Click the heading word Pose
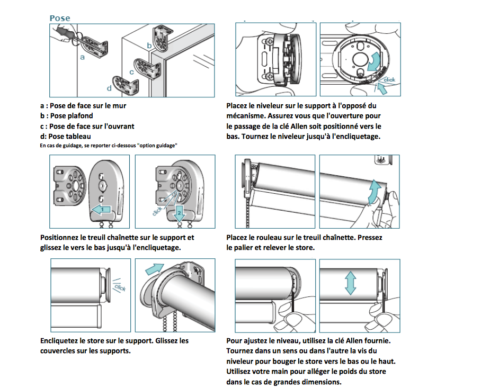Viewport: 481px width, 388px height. pyautogui.click(x=59, y=18)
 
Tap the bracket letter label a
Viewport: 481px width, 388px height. pyautogui.click(x=82, y=57)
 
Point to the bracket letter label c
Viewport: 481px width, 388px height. pyautogui.click(x=131, y=72)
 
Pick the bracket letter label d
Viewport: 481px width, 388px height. pyautogui.click(x=109, y=88)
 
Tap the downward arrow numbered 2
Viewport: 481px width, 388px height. pyautogui.click(x=179, y=213)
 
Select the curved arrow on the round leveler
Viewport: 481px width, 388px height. pyautogui.click(x=375, y=60)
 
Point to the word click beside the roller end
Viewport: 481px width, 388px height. pyautogui.click(x=119, y=287)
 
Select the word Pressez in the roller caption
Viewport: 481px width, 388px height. pyautogui.click(x=370, y=238)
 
